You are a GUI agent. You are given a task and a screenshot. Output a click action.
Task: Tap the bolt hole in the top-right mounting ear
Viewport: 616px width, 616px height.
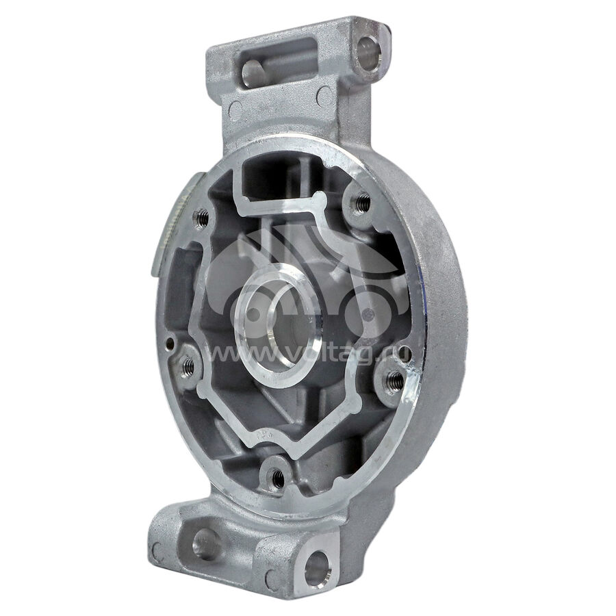369,53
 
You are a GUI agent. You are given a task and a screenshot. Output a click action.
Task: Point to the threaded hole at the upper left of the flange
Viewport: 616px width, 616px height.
202,218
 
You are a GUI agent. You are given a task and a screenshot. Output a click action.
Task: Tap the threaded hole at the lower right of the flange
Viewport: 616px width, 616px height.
394,381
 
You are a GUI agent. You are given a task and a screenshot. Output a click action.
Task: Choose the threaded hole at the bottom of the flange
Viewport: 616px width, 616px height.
278,478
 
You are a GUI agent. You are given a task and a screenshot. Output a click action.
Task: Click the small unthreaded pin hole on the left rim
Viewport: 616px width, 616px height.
170,343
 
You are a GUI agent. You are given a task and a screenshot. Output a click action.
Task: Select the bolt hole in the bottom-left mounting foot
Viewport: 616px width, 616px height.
205,543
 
